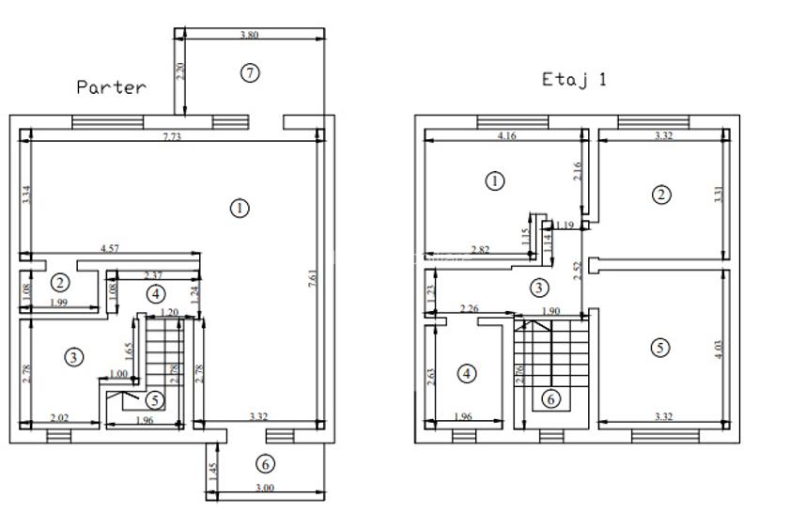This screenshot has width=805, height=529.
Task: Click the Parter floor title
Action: click(111, 87)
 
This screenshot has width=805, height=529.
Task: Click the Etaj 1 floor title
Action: click(574, 80)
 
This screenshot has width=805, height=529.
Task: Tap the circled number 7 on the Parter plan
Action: click(249, 72)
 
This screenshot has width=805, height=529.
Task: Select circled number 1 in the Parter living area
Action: click(240, 208)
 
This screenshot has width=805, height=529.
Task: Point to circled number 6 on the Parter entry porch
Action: click(266, 463)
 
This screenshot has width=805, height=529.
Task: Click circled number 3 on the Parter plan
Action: click(74, 356)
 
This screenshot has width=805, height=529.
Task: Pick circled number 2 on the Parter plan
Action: click(60, 282)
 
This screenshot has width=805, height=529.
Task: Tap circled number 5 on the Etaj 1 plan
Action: click(660, 347)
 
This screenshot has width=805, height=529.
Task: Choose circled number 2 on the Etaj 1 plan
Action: click(661, 194)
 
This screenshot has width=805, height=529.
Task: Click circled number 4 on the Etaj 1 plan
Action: click(467, 374)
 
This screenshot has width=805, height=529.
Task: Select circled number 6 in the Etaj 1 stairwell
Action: click(551, 398)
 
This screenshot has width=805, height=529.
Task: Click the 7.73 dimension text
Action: click(171, 137)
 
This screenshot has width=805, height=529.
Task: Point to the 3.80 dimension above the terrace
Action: click(249, 35)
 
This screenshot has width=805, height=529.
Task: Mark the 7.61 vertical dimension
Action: click(312, 279)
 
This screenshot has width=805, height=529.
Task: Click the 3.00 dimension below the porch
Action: click(265, 488)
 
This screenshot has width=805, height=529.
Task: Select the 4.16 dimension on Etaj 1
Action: click(504, 136)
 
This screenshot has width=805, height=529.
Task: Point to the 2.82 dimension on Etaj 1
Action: click(479, 249)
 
